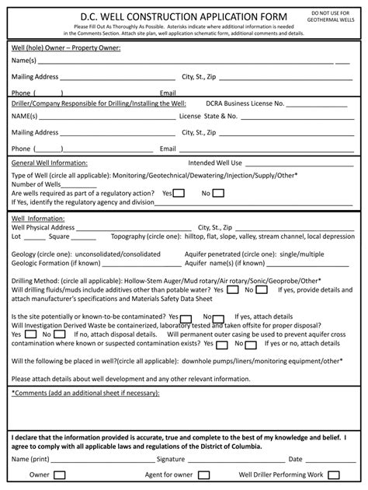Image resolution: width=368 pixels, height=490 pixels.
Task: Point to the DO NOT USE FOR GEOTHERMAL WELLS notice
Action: [332, 18]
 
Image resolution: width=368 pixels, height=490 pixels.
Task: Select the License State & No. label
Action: [207, 117]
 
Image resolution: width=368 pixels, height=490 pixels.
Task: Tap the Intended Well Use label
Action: [216, 163]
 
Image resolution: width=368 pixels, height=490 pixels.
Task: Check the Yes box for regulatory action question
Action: [178, 193]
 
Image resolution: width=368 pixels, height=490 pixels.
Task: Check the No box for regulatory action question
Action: [217, 193]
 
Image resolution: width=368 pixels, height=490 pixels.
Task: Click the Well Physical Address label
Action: [43, 227]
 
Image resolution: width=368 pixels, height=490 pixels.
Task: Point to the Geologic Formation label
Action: [41, 263]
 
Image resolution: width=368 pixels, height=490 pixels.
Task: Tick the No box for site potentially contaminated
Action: [219, 318]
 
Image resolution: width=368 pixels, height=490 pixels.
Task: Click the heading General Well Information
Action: [49, 163]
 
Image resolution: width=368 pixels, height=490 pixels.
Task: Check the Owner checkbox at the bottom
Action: [60, 474]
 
